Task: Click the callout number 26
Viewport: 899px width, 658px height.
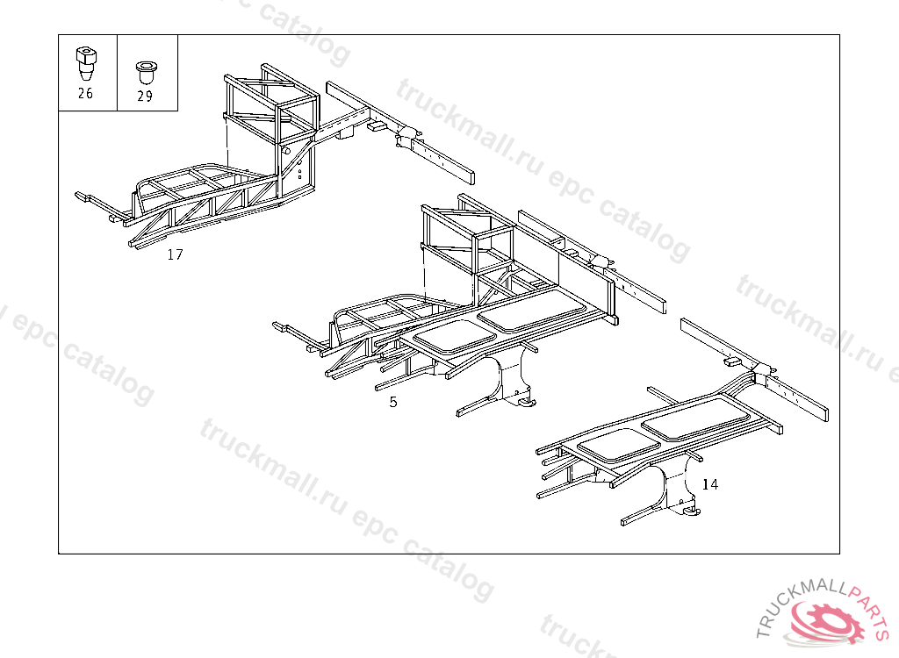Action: [85, 94]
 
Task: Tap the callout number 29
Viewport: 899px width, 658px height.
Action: [145, 97]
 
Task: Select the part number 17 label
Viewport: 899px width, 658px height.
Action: [176, 255]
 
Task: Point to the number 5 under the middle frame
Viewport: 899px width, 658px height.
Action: [393, 402]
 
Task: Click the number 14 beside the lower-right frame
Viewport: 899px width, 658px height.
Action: [709, 483]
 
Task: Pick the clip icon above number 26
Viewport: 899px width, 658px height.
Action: [85, 61]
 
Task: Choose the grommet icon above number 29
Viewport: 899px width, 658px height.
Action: [145, 70]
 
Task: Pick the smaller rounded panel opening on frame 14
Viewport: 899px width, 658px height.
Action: [619, 444]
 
